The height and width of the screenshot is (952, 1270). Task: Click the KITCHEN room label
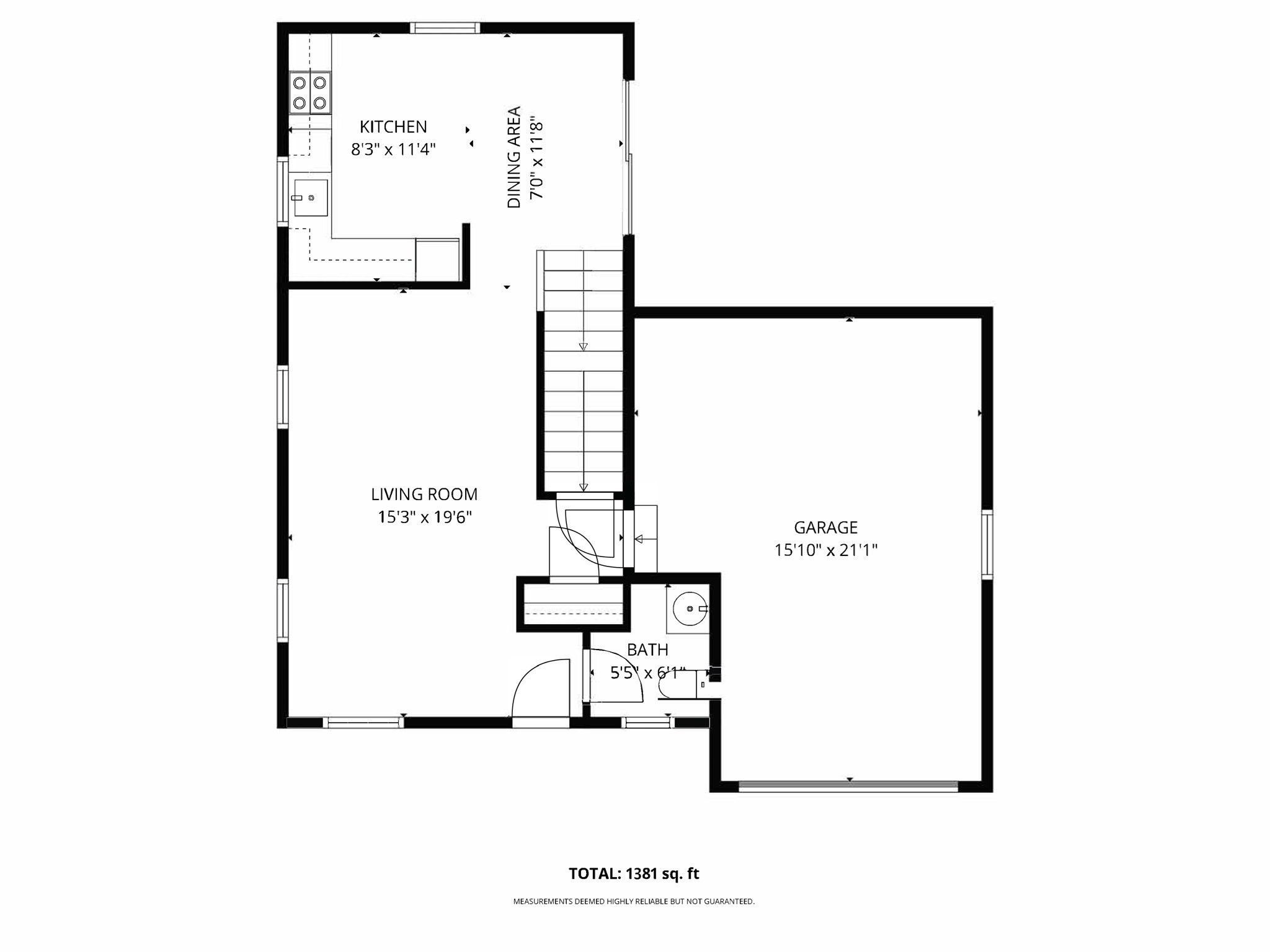pyautogui.click(x=393, y=127)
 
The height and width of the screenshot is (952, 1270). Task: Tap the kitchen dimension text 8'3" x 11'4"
pyautogui.click(x=393, y=149)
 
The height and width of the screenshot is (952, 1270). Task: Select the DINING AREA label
pyautogui.click(x=514, y=157)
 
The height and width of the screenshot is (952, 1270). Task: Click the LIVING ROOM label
pyautogui.click(x=424, y=495)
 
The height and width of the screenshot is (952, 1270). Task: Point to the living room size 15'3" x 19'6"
pyautogui.click(x=425, y=517)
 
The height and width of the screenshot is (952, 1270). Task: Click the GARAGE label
pyautogui.click(x=825, y=527)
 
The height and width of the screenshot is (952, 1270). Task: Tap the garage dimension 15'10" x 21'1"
pyautogui.click(x=825, y=550)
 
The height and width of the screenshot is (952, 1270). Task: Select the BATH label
pyautogui.click(x=647, y=650)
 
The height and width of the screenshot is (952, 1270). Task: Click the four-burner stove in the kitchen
pyautogui.click(x=309, y=92)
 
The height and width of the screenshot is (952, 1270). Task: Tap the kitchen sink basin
pyautogui.click(x=311, y=198)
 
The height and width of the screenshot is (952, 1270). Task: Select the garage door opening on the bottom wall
pyautogui.click(x=848, y=787)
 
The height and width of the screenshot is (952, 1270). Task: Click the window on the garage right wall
pyautogui.click(x=987, y=544)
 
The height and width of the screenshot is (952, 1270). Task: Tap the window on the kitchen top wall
pyautogui.click(x=445, y=28)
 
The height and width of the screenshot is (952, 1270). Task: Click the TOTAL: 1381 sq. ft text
pyautogui.click(x=634, y=874)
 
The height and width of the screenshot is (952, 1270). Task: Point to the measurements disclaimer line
pyautogui.click(x=634, y=902)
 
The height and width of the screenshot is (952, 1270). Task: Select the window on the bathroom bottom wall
pyautogui.click(x=647, y=722)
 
